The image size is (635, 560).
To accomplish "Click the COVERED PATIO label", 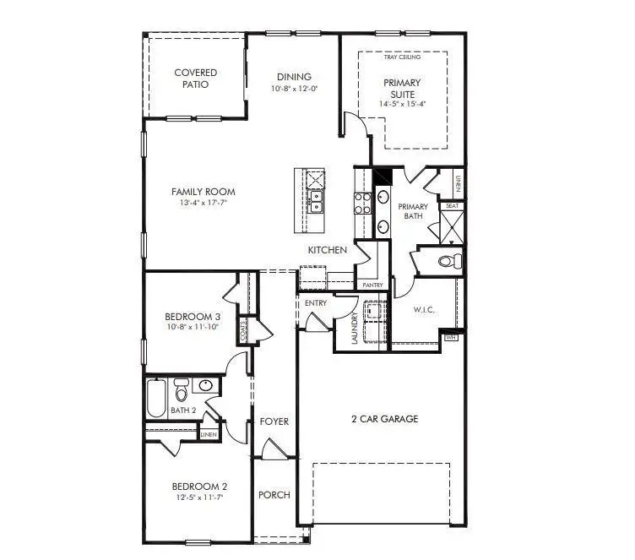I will [196, 79].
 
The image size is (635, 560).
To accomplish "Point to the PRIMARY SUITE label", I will [402, 88].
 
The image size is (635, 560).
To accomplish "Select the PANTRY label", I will [372, 285].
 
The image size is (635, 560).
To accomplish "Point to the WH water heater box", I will [449, 337].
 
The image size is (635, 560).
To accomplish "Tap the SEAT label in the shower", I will [453, 205].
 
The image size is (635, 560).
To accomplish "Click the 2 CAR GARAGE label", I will [384, 419].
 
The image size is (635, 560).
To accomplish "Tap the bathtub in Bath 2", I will [157, 399].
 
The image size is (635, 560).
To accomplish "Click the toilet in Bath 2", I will [181, 392].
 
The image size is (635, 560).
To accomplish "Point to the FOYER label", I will [274, 421].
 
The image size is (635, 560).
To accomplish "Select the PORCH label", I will [274, 495].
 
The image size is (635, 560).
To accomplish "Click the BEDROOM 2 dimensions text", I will [200, 498].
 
